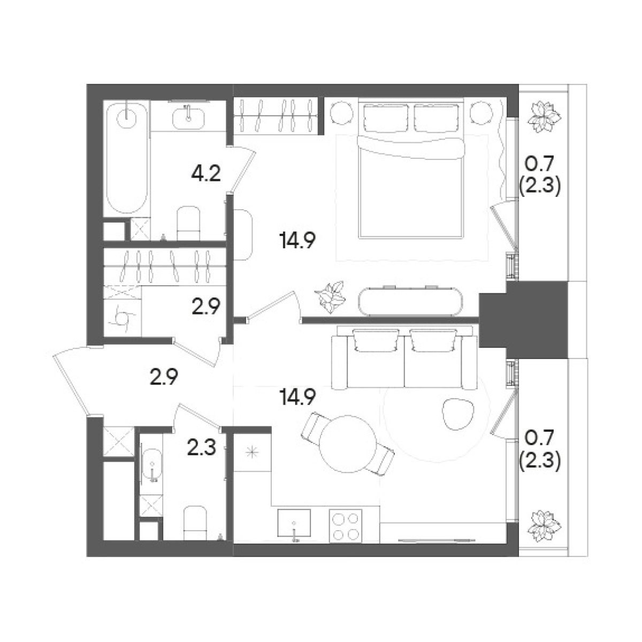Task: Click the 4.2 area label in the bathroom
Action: tap(205, 174)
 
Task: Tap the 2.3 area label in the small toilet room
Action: tap(202, 448)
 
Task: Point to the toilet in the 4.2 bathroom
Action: tap(188, 223)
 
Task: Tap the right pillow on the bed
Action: tap(437, 118)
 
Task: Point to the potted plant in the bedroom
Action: tap(330, 296)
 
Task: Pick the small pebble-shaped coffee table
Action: tap(458, 414)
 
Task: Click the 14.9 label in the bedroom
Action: tap(297, 241)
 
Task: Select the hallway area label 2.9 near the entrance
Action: tap(164, 378)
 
